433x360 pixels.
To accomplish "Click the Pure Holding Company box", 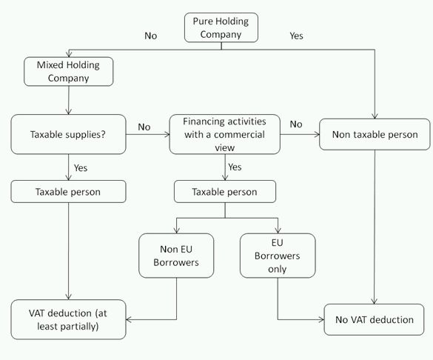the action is [221, 27].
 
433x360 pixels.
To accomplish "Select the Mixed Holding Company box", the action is [69, 72].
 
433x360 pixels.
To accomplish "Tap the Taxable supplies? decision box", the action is [69, 134].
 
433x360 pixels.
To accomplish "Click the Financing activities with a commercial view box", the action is [225, 134].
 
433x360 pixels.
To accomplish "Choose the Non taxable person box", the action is [375, 134].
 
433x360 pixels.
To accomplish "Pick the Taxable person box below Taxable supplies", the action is [69, 191].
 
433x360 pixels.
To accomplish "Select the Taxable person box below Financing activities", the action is [225, 191].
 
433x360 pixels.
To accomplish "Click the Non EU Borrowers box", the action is [176, 256].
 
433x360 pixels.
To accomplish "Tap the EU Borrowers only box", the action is [278, 256].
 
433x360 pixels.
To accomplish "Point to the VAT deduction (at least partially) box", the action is [69, 319].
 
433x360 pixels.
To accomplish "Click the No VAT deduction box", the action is [374, 320].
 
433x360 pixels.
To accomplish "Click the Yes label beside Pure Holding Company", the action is [296, 36].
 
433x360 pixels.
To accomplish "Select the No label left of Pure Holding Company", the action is [151, 36].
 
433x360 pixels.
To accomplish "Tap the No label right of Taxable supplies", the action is [144, 127].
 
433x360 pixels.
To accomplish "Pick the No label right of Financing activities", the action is [296, 124].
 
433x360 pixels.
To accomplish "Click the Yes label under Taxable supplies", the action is [81, 167].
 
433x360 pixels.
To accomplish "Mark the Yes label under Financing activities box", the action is [235, 167].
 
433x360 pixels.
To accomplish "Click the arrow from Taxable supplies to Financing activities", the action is [148, 135].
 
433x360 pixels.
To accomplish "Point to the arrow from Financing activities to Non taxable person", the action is [300, 135].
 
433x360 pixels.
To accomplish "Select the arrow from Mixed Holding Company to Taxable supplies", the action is [69, 100].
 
